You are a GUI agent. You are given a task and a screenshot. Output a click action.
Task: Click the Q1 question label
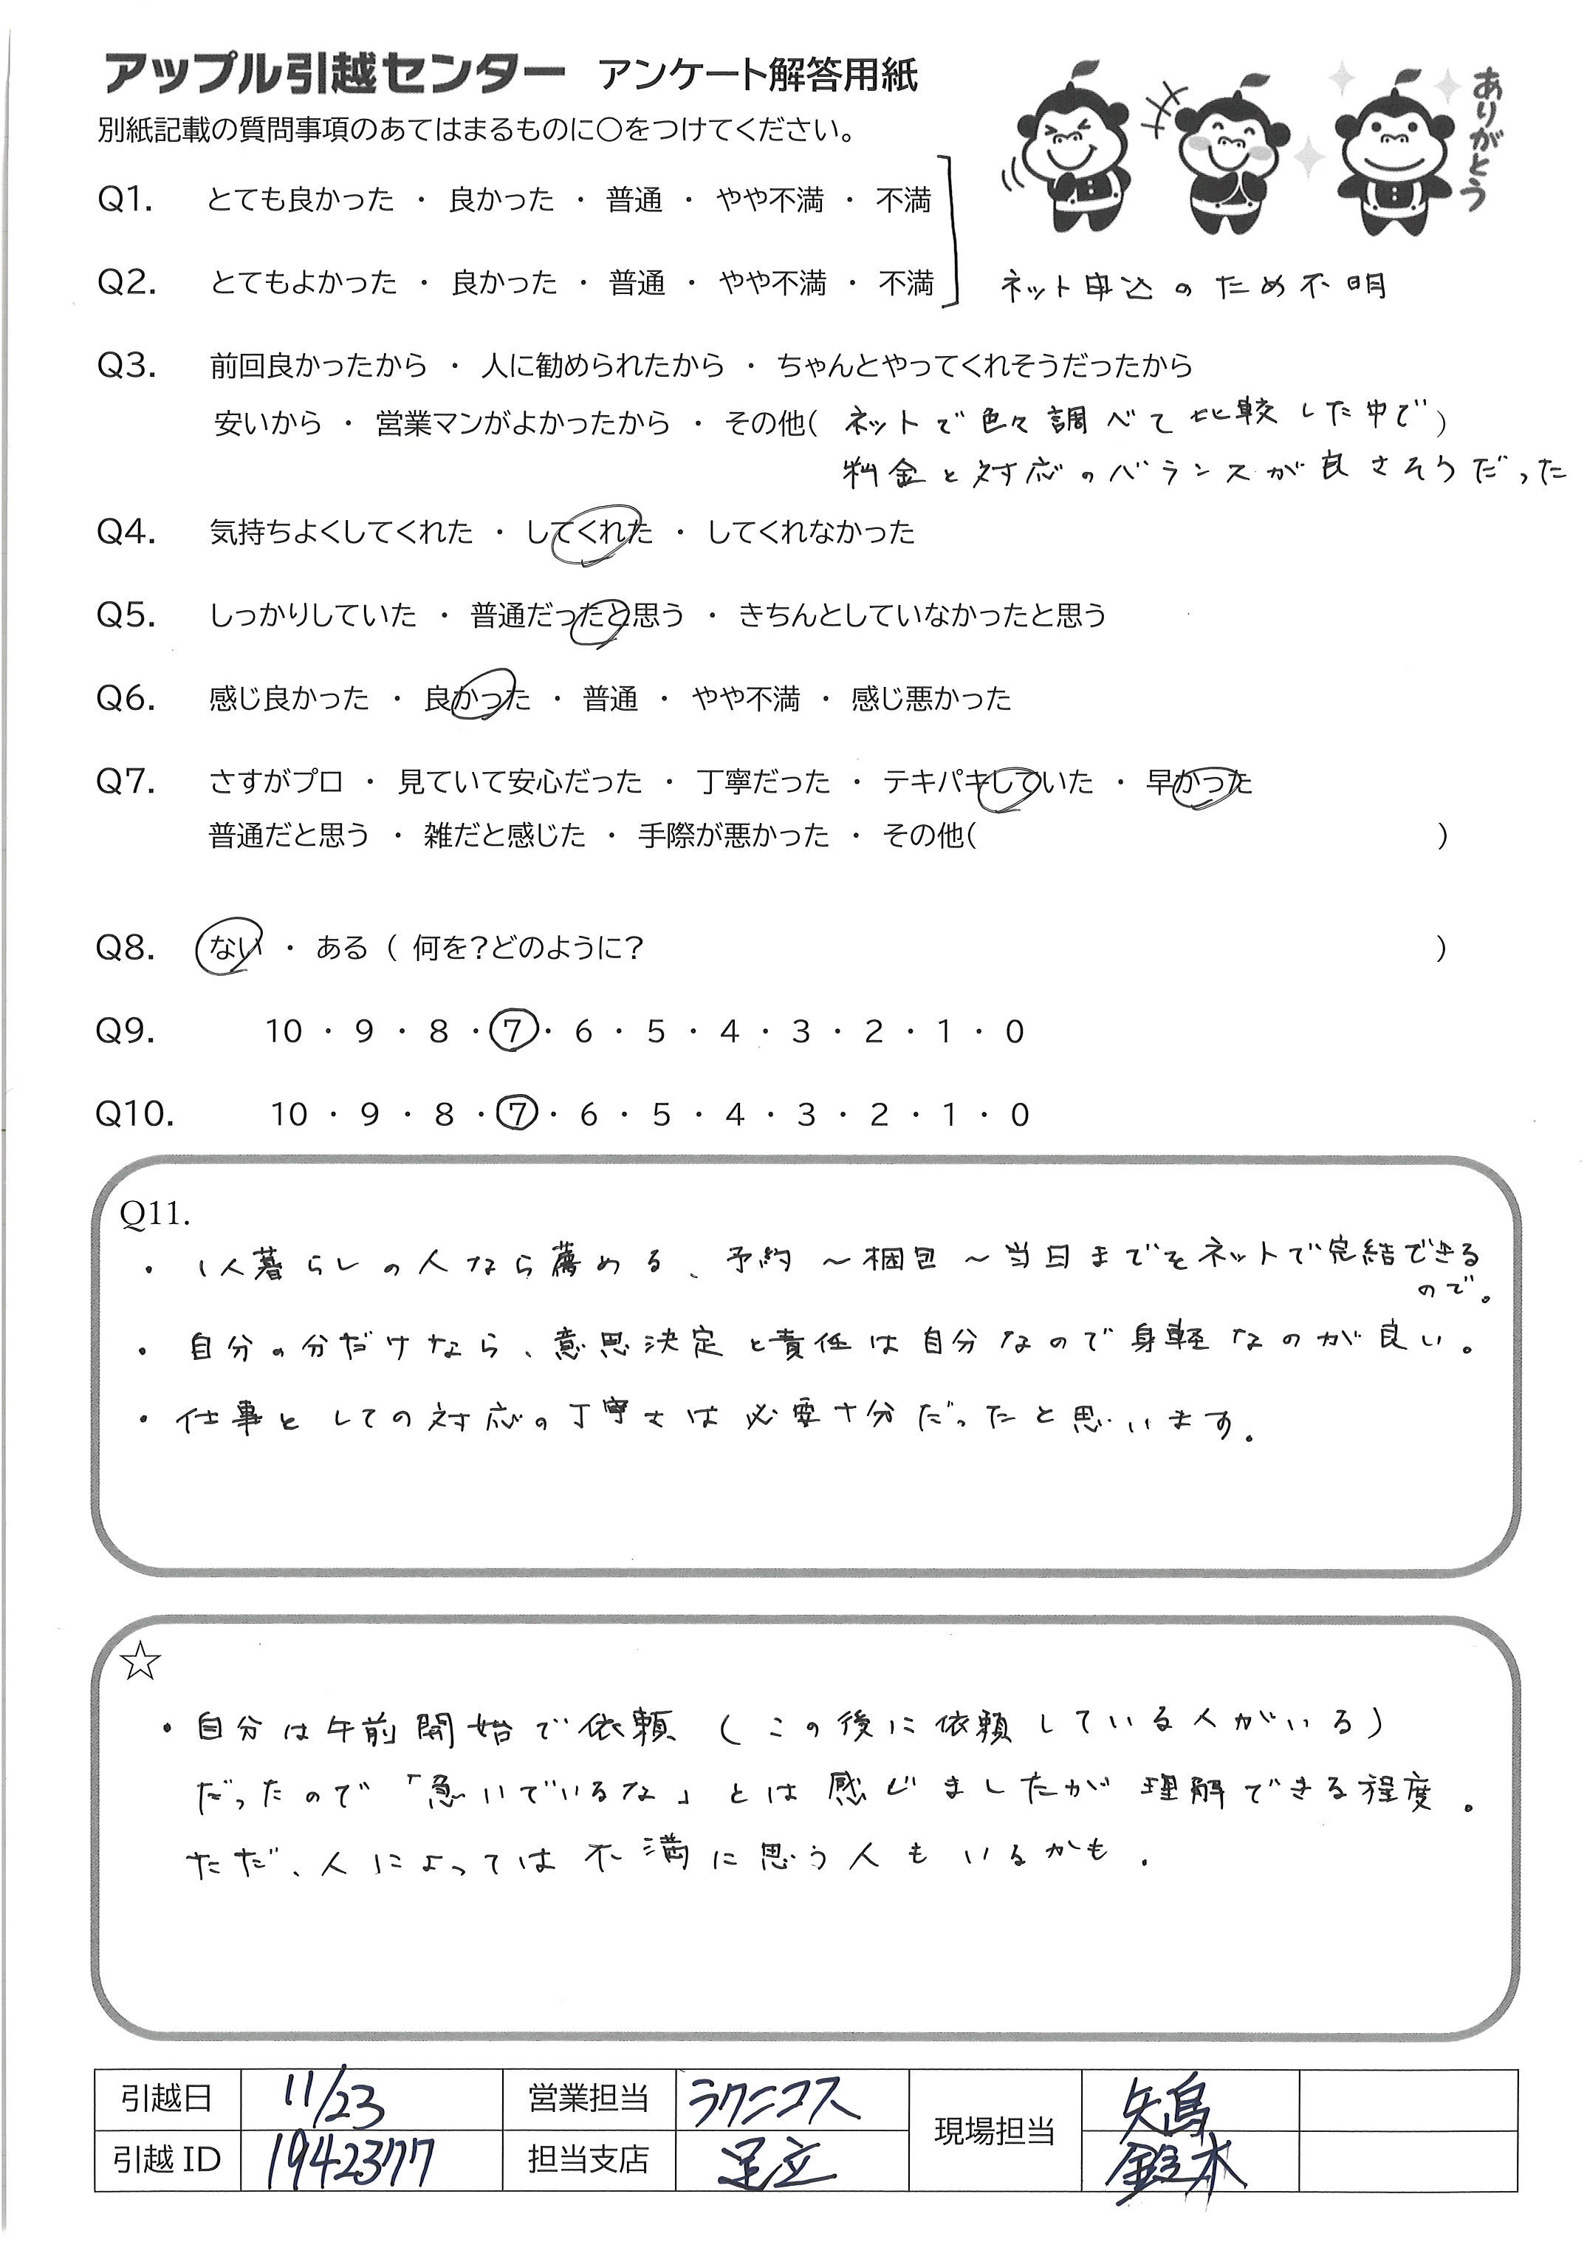pyautogui.click(x=125, y=202)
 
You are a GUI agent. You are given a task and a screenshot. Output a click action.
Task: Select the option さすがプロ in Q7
pyautogui.click(x=275, y=782)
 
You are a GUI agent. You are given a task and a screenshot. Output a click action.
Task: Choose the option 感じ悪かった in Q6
pyautogui.click(x=930, y=699)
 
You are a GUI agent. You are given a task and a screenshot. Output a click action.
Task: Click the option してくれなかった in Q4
pyautogui.click(x=810, y=533)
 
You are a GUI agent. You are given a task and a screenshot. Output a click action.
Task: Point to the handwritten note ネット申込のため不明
pyautogui.click(x=1192, y=287)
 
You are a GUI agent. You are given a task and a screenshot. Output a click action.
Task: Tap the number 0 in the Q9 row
pyautogui.click(x=1015, y=1032)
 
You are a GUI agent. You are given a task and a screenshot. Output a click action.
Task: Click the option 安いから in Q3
pyautogui.click(x=268, y=424)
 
